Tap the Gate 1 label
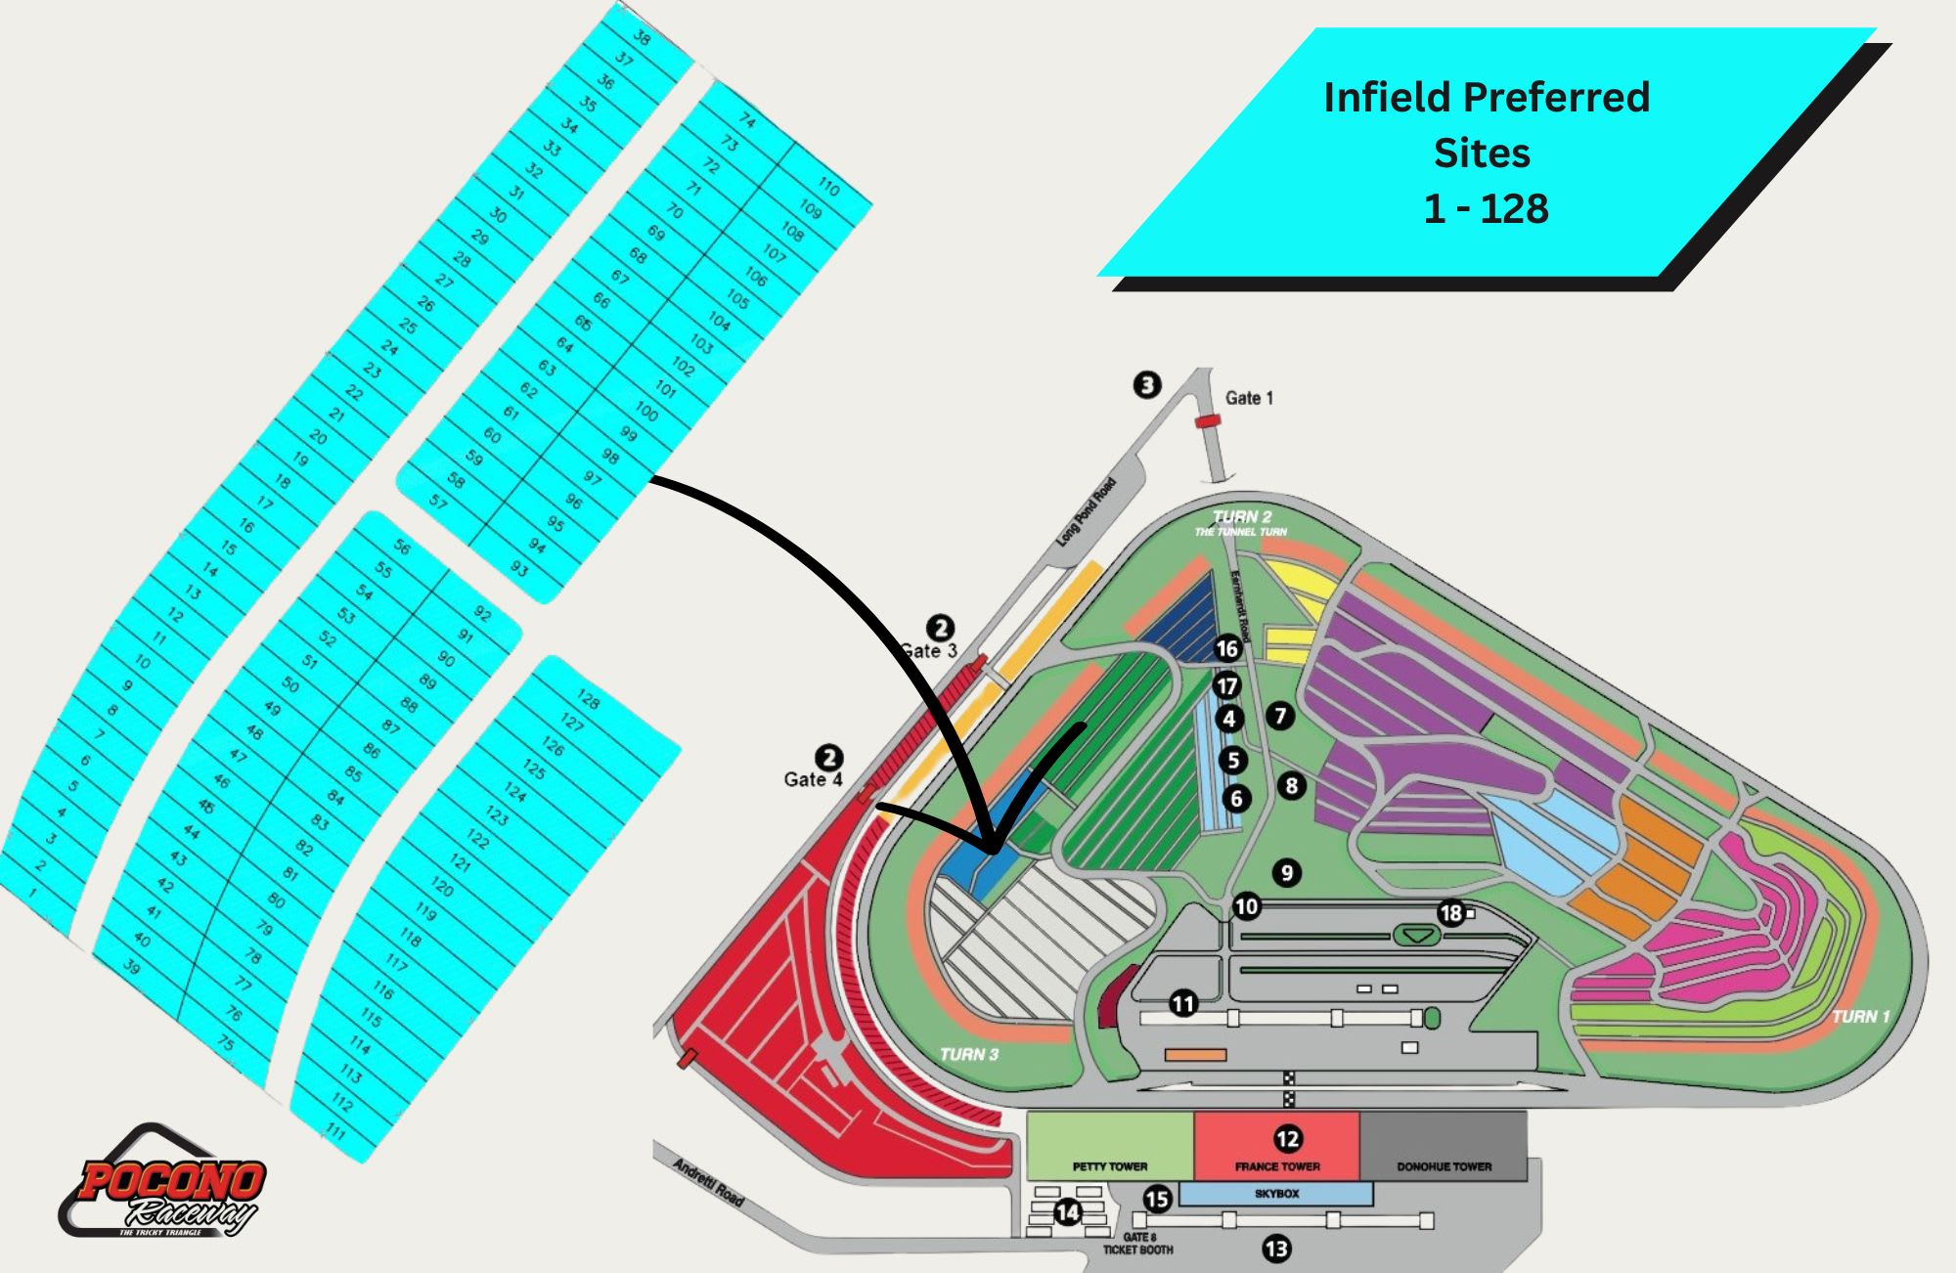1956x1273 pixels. click(x=1249, y=398)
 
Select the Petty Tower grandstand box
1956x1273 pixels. click(x=1110, y=1145)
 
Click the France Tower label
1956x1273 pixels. click(x=1277, y=1166)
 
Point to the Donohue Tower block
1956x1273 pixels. click(x=1444, y=1145)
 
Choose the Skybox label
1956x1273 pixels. click(x=1276, y=1194)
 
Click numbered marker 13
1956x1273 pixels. click(x=1276, y=1249)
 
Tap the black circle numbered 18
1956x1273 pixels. click(x=1450, y=913)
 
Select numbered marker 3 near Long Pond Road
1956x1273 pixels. click(x=1147, y=384)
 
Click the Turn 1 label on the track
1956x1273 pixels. click(x=1860, y=1017)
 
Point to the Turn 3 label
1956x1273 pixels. click(x=968, y=1054)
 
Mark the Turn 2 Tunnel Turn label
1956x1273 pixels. click(x=1241, y=522)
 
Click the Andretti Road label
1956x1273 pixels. click(x=709, y=1181)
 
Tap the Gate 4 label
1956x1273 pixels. click(x=813, y=779)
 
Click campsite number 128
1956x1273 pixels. click(x=588, y=698)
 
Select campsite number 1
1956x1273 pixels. click(x=32, y=892)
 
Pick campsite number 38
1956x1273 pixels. click(x=642, y=38)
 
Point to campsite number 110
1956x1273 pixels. click(x=828, y=186)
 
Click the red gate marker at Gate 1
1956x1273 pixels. click(x=1208, y=421)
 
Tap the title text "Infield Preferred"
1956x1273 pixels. click(x=1486, y=98)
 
